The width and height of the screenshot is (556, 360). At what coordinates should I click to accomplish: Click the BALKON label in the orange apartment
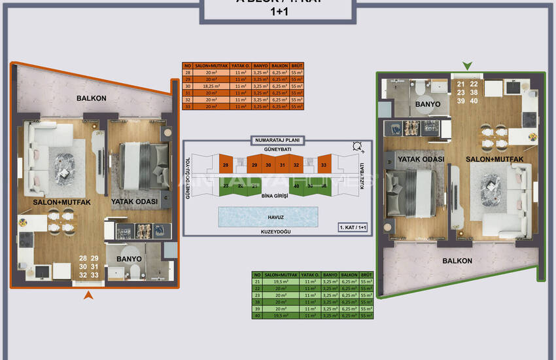(91, 98)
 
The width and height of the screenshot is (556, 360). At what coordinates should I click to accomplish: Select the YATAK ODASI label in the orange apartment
(135, 202)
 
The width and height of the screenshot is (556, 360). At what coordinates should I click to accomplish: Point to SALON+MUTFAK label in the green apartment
(489, 159)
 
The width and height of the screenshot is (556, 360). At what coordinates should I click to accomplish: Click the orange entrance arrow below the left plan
(88, 296)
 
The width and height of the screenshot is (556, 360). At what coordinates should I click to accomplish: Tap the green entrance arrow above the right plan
(467, 65)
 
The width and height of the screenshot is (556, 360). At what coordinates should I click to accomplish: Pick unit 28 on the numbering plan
(225, 166)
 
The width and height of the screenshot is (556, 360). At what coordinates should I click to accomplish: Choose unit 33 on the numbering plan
(323, 166)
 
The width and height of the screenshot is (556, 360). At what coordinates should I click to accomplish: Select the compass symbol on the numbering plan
(356, 147)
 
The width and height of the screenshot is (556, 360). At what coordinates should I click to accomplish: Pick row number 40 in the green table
(258, 315)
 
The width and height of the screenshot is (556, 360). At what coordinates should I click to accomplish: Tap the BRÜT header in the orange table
(296, 66)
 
